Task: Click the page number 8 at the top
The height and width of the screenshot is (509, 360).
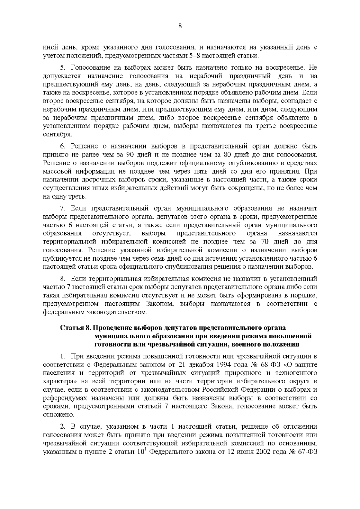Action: (x=180, y=26)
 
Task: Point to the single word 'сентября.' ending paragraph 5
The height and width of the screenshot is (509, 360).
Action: (x=53, y=134)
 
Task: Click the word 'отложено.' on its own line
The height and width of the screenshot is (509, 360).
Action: (x=54, y=415)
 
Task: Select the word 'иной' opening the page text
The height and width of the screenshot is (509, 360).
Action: (x=49, y=47)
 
